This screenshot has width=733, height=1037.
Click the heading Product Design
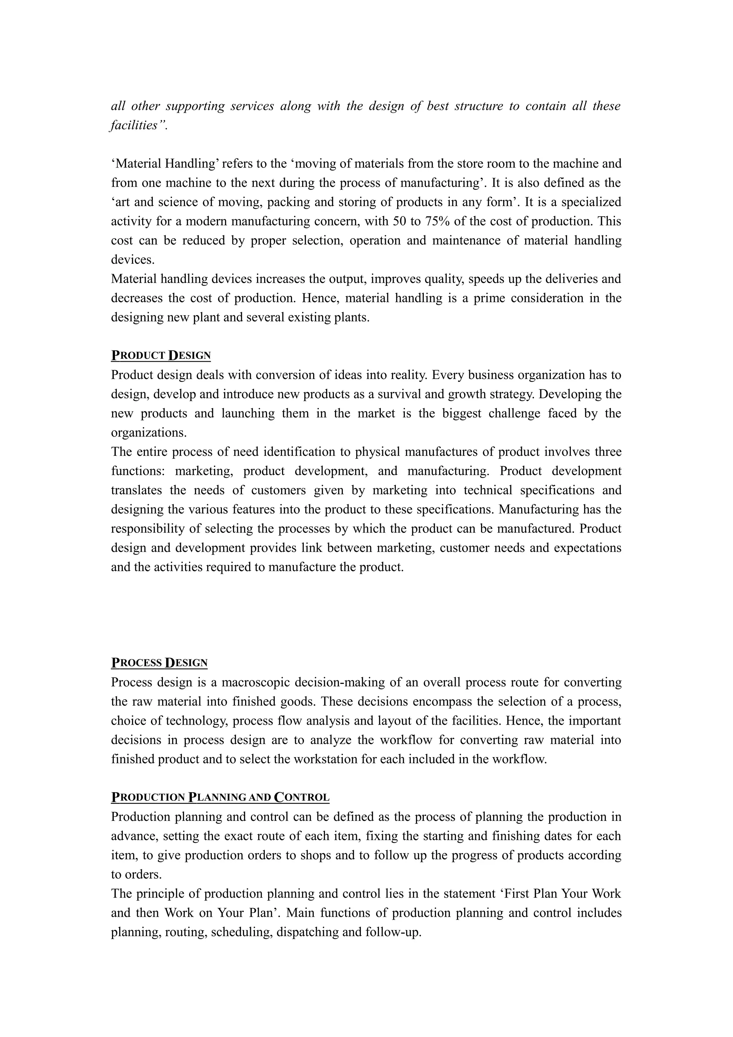[x=161, y=355]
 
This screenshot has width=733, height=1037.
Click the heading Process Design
[x=159, y=663]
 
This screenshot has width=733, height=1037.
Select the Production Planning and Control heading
[x=220, y=797]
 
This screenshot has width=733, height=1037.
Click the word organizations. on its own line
[x=149, y=433]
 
